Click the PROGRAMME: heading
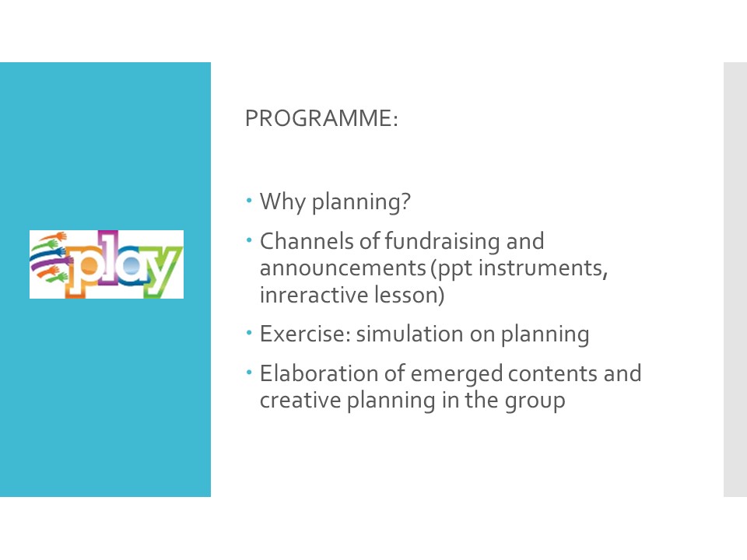(321, 118)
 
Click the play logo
(107, 264)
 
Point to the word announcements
(343, 268)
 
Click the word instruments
(543, 268)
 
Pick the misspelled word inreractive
(314, 295)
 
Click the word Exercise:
(305, 334)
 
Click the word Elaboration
(319, 373)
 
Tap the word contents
(552, 374)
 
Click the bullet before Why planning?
(249, 201)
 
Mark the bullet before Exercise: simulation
(249, 333)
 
